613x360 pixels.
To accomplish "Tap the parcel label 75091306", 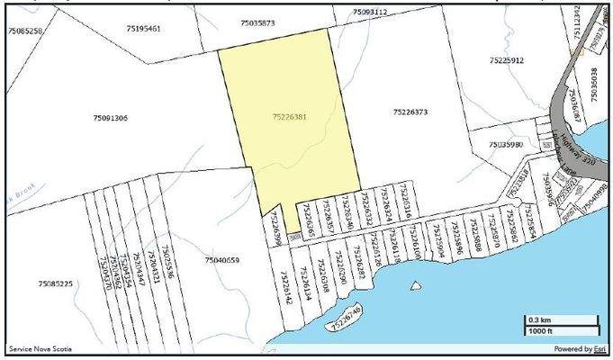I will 110,118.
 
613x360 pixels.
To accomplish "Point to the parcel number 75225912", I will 507,60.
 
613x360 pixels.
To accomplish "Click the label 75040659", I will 221,260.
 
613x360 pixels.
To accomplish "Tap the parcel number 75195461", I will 143,29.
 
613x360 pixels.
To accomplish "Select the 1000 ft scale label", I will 540,332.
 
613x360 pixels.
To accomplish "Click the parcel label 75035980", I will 506,144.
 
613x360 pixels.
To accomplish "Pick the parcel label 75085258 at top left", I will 24,31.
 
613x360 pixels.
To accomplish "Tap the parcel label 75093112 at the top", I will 370,12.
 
